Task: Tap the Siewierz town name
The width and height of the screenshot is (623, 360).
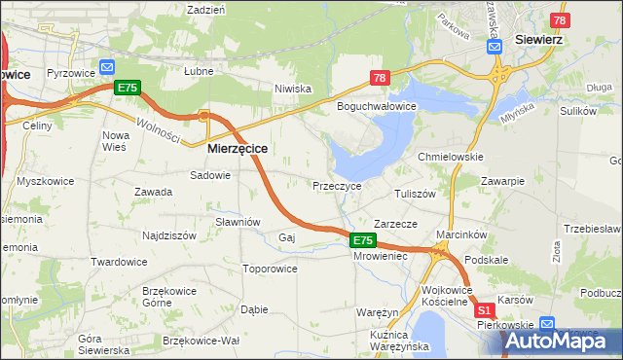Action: click(x=539, y=40)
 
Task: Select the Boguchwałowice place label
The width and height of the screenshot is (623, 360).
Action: click(x=377, y=105)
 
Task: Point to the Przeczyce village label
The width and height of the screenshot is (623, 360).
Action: click(x=337, y=185)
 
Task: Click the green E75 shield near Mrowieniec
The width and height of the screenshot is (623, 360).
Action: click(x=362, y=240)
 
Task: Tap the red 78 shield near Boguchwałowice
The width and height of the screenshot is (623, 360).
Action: click(x=380, y=78)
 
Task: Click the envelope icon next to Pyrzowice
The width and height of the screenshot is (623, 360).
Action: click(x=107, y=69)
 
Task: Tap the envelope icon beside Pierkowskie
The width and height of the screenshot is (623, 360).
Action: click(x=547, y=324)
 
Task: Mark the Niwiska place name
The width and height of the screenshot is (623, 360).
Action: click(x=292, y=89)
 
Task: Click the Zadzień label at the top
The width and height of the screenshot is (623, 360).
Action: click(x=205, y=9)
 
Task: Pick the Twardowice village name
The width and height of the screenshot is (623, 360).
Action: click(x=118, y=262)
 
